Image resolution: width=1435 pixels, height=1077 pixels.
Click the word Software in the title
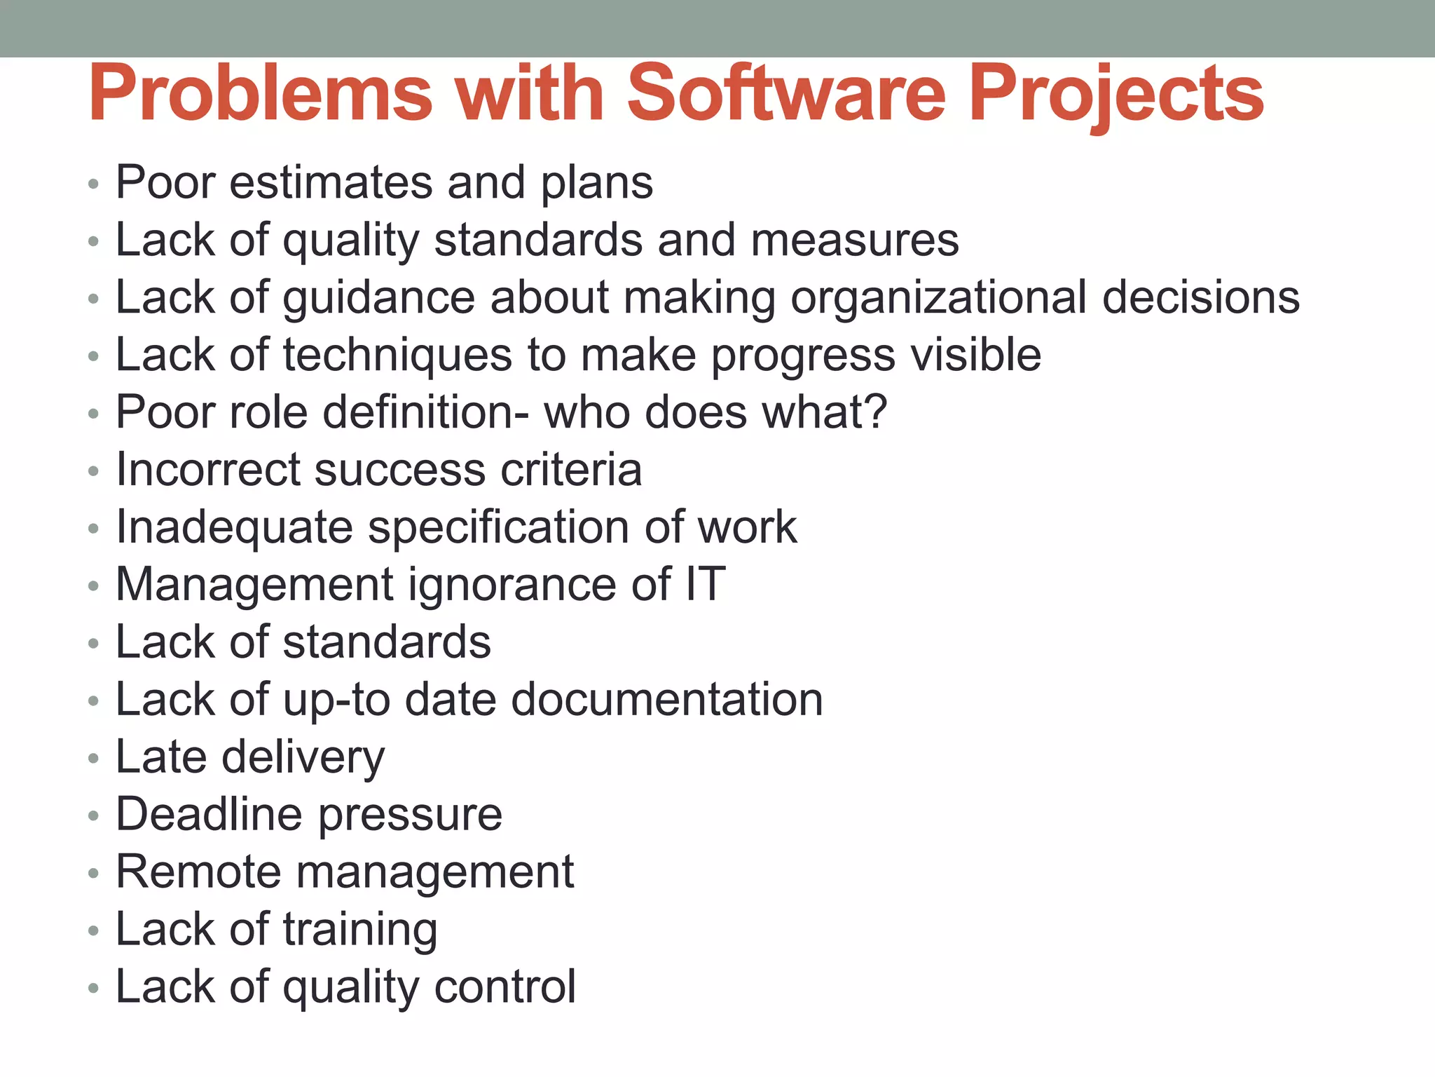[x=787, y=93]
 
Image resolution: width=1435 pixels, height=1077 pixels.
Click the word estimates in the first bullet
[x=330, y=182]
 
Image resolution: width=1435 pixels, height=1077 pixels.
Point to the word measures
[x=855, y=240]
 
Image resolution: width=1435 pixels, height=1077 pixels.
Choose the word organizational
[x=939, y=297]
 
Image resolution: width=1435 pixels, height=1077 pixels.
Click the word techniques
[x=397, y=355]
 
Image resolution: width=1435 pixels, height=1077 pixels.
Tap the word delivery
[x=303, y=757]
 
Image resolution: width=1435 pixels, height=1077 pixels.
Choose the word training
[x=360, y=930]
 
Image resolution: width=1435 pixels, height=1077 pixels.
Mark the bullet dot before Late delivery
[x=94, y=759]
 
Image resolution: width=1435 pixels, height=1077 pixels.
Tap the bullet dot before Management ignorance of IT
[x=94, y=586]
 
